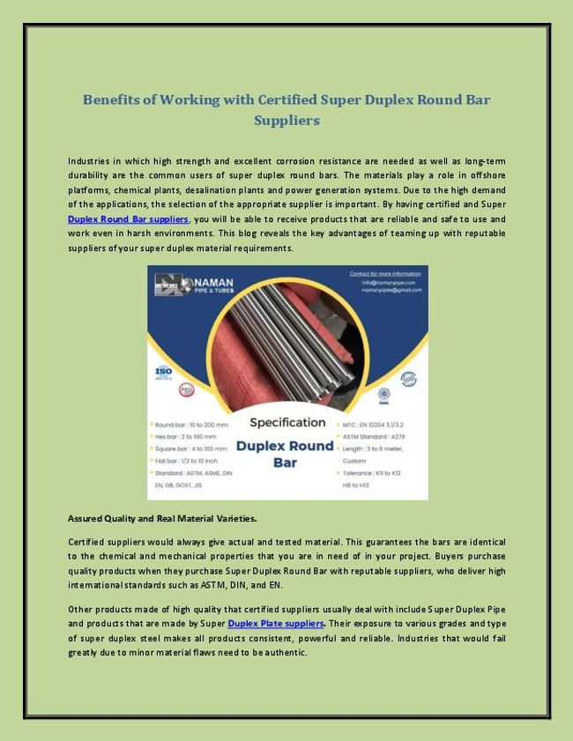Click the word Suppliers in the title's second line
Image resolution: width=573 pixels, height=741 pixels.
(286, 120)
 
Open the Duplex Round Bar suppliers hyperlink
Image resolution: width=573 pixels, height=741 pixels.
(129, 219)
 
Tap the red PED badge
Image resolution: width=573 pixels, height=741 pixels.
(186, 389)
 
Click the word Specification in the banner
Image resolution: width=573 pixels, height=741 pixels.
(286, 422)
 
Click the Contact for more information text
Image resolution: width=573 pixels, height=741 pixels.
(384, 273)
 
